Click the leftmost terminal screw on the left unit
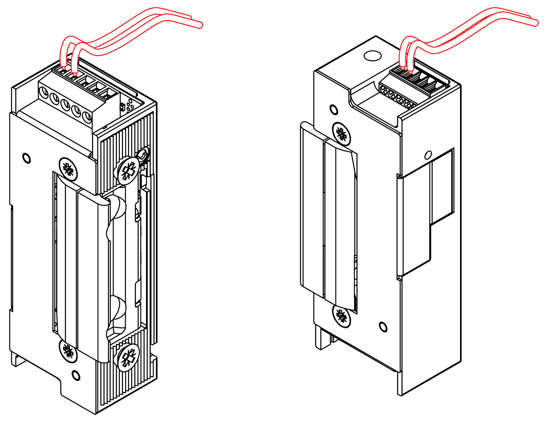44,92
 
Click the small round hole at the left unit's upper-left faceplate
27,158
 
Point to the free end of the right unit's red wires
536,23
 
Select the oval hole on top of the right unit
373,56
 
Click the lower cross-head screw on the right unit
341,316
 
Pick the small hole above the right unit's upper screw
333,110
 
